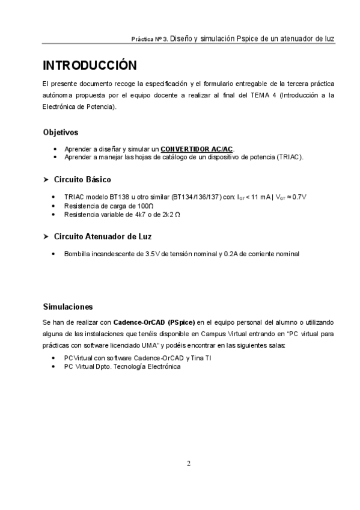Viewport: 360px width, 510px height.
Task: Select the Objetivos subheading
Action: coord(60,132)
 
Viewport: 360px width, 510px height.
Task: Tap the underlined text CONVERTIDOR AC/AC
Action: coord(197,149)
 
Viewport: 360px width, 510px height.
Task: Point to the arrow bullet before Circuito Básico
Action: coord(46,180)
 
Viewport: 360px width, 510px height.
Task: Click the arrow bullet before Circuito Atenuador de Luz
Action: coord(46,236)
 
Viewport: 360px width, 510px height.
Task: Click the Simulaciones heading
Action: coord(68,307)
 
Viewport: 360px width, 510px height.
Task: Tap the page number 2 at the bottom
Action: coord(188,463)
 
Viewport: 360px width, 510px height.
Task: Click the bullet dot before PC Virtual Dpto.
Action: coord(55,366)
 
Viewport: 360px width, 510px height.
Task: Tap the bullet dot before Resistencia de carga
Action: coord(55,206)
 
